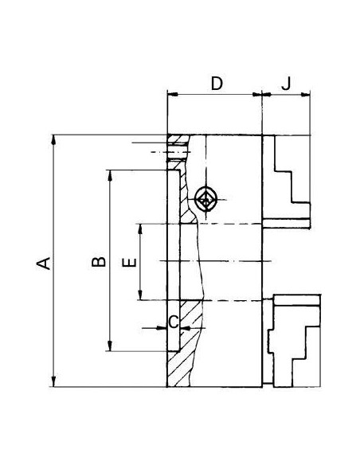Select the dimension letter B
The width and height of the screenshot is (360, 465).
pos(99,262)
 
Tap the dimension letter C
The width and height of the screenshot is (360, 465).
pos(174,322)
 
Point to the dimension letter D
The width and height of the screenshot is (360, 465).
pos(217,84)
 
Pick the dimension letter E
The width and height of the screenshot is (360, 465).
pos(130,263)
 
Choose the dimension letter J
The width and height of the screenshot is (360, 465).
pos(286,84)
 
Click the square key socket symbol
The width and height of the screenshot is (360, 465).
pos(205,199)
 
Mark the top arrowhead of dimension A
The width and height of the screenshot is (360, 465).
pos(53,140)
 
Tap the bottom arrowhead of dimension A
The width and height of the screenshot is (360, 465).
pos(53,381)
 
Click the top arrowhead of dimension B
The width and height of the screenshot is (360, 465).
pos(110,175)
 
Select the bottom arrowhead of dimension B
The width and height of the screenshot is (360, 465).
pos(110,346)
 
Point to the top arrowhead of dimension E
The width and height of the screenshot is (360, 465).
pos(140,229)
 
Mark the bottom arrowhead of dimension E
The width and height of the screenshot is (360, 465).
pos(140,295)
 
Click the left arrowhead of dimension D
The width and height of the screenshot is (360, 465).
pos(173,94)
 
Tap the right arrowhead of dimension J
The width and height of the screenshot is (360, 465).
pos(305,95)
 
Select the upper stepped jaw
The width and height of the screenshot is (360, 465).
pos(287,182)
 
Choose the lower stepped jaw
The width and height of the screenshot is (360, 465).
pos(294,341)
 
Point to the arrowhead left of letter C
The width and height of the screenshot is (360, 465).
pos(162,328)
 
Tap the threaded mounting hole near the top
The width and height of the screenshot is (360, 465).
pos(177,152)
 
